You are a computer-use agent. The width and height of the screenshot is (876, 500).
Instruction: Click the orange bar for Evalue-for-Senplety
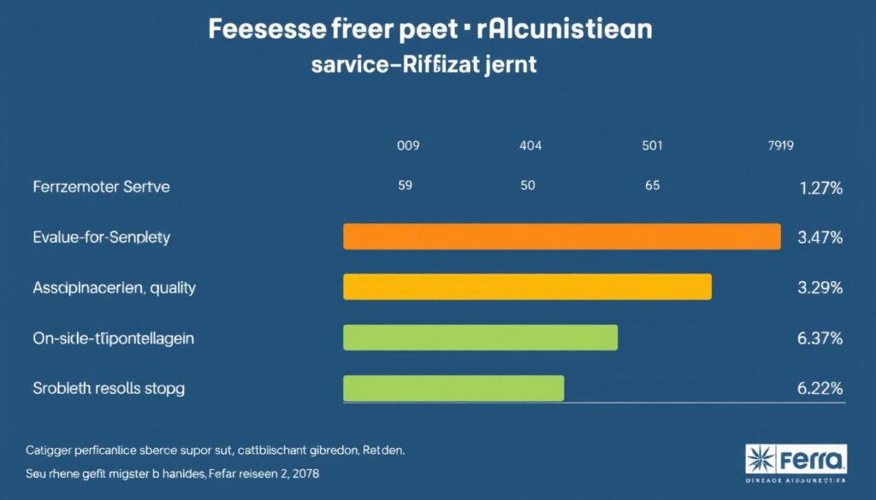pyautogui.click(x=561, y=237)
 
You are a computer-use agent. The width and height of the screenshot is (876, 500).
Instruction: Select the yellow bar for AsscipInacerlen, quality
pyautogui.click(x=527, y=287)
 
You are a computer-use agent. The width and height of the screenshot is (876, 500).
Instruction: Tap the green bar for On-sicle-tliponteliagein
pyautogui.click(x=480, y=338)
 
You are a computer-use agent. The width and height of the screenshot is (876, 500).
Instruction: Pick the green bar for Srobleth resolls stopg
pyautogui.click(x=453, y=388)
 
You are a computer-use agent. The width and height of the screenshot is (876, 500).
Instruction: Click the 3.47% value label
pyautogui.click(x=820, y=238)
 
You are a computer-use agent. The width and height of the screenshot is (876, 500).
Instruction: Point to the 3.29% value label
pyautogui.click(x=820, y=288)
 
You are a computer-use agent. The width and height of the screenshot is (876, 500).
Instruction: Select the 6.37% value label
pyautogui.click(x=820, y=338)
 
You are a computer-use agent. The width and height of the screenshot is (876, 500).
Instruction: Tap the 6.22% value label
pyautogui.click(x=820, y=388)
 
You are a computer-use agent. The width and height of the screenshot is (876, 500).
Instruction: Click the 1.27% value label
pyautogui.click(x=820, y=189)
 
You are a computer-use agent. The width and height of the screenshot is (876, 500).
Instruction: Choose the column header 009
pyautogui.click(x=408, y=146)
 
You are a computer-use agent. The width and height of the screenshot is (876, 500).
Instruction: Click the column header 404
pyautogui.click(x=530, y=146)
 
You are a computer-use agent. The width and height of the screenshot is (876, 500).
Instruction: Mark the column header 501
pyautogui.click(x=652, y=146)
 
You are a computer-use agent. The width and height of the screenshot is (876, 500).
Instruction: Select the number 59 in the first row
pyautogui.click(x=406, y=185)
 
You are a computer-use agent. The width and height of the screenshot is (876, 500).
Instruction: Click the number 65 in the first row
pyautogui.click(x=652, y=185)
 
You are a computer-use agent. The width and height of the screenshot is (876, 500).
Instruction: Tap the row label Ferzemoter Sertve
pyautogui.click(x=102, y=186)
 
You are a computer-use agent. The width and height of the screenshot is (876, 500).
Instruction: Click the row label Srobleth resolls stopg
pyautogui.click(x=109, y=388)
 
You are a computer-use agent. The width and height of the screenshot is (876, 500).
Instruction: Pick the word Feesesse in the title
pyautogui.click(x=264, y=28)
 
